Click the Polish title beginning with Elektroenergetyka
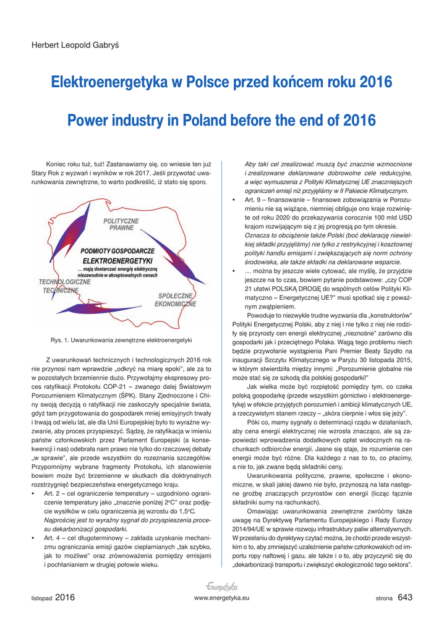(x=221, y=82)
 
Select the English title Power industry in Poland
(x=221, y=120)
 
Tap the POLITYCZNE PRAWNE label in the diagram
(x=121, y=224)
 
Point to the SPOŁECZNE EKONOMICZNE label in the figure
(x=175, y=300)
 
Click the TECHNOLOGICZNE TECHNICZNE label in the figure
(x=64, y=286)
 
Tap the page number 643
(x=405, y=597)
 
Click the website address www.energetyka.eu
(x=221, y=598)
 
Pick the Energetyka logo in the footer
(x=221, y=586)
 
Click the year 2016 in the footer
(x=65, y=597)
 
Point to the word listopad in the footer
(x=42, y=598)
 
